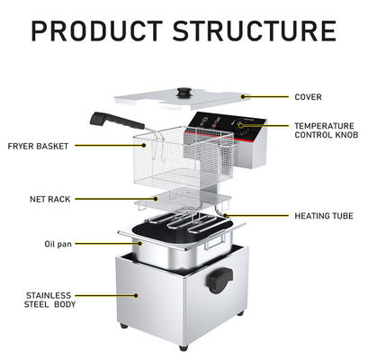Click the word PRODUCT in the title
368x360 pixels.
coord(97,31)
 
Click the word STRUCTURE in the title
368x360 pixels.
coord(255,31)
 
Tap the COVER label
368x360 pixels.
coord(308,97)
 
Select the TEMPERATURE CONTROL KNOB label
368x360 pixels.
coord(327,130)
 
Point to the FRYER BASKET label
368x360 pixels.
coord(38,147)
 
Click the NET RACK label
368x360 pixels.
coord(50,199)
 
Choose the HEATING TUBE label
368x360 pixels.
coord(324,216)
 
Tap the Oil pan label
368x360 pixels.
coord(58,244)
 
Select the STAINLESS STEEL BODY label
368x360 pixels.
coord(49,300)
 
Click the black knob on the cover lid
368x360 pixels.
coord(184,92)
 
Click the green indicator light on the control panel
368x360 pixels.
coord(202,123)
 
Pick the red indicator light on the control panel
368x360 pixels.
coord(214,126)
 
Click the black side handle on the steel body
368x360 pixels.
coord(220,281)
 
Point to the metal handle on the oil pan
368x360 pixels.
coord(215,241)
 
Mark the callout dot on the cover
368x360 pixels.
coord(243,96)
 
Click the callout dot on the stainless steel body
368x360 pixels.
coord(136,295)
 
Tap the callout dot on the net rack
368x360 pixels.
coord(156,199)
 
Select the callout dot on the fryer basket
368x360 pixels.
coord(144,146)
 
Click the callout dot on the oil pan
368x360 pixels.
coord(140,244)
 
